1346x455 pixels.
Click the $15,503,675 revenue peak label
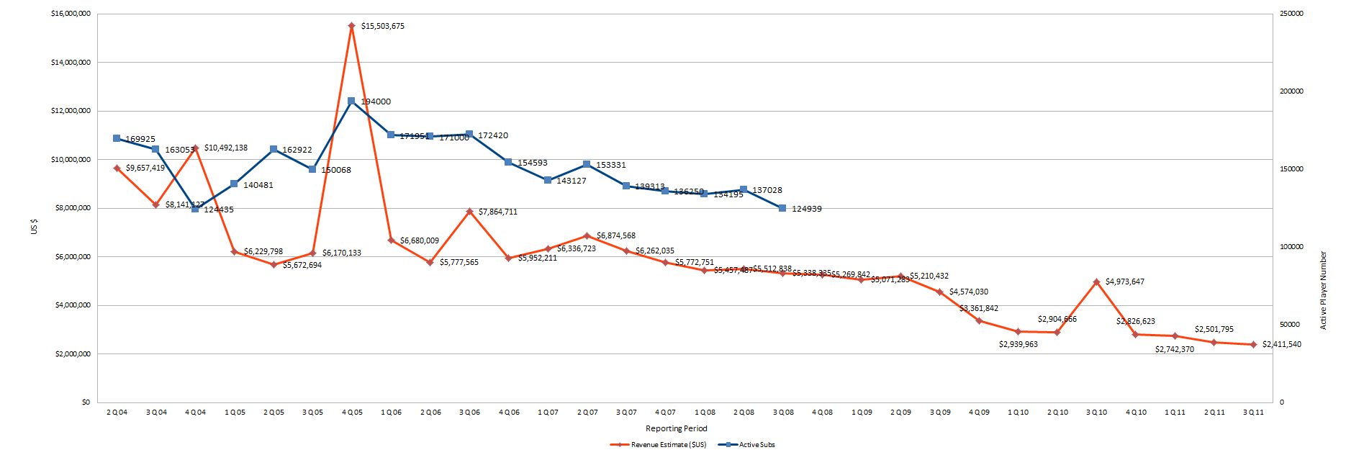pos(382,27)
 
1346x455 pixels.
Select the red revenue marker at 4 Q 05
pos(351,26)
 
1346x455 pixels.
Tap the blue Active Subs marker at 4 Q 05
pos(351,102)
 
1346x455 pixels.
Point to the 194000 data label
pos(376,102)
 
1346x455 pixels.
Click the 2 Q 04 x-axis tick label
pos(117,413)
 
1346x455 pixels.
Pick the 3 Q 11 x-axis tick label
pos(1253,413)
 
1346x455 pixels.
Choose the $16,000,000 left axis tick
pos(71,14)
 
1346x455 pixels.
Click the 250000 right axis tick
pos(1291,14)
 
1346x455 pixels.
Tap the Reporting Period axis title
pos(676,428)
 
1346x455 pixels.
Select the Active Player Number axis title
pos(1323,291)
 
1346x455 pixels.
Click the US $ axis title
pos(34,227)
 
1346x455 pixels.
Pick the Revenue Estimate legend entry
pos(658,445)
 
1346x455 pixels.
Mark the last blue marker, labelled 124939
pos(782,208)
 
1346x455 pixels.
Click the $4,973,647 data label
pos(1124,281)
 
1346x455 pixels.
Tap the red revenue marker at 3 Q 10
pos(1096,282)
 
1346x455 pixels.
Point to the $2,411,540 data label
pos(1281,344)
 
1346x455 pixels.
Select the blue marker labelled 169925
pos(117,138)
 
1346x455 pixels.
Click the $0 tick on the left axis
pos(86,402)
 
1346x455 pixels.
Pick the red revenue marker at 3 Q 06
pos(469,212)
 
